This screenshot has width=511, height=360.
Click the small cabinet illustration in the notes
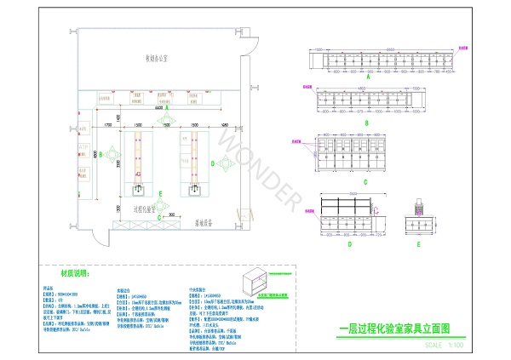point(261,282)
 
